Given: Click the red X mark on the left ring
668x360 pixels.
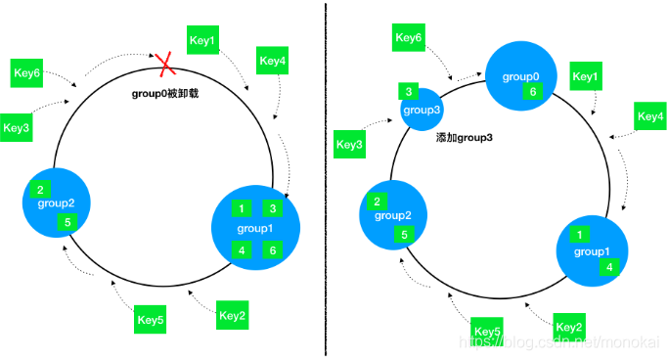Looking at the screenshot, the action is tap(165, 65).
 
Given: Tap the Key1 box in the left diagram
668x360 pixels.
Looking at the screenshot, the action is tap(202, 40).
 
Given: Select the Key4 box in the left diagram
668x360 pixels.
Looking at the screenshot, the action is tap(272, 61).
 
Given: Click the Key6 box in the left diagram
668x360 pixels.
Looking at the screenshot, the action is tap(26, 72).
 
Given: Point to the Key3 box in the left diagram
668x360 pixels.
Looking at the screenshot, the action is tap(17, 127).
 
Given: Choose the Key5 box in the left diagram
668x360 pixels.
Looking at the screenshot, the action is tap(150, 319).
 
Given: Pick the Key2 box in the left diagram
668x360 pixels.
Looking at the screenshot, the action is tap(232, 315).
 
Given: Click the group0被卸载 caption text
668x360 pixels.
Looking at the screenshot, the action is tap(165, 93).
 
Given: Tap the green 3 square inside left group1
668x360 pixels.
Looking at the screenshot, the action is tap(273, 208).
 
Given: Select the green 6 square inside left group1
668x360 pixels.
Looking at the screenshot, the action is tap(273, 250).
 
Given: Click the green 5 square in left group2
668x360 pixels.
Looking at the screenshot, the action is tap(67, 222).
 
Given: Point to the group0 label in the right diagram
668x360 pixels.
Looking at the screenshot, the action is tap(520, 76).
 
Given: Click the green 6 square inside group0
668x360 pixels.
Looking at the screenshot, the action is tap(532, 91).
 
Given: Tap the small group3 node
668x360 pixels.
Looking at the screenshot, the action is tap(422, 110).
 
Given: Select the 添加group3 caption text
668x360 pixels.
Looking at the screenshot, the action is tap(464, 138).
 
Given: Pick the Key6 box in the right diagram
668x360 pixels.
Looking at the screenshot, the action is tap(409, 37).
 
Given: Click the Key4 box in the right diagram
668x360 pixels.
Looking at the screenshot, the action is tap(650, 116).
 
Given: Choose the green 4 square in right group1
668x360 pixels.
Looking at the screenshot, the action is tap(609, 267).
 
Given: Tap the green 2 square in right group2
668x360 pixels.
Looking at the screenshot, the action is tap(377, 202).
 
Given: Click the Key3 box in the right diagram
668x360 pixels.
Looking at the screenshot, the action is tap(349, 145).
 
